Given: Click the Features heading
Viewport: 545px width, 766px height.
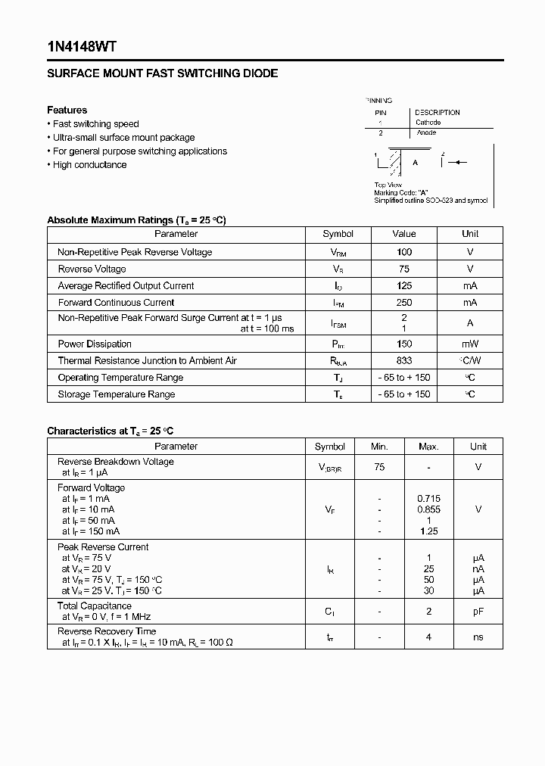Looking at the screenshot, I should [67, 110].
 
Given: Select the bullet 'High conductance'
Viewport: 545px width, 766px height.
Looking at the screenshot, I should [89, 165].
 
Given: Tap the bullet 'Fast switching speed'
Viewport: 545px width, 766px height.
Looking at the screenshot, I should [95, 124].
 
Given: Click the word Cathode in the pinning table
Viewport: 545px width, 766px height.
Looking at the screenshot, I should [428, 122].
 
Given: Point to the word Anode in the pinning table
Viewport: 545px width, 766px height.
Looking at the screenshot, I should [426, 133].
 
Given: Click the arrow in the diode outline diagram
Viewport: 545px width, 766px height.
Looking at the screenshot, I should [460, 162].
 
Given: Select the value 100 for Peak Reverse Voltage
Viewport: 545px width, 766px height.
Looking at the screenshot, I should [404, 252].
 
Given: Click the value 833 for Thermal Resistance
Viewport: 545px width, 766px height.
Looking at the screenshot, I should [404, 361].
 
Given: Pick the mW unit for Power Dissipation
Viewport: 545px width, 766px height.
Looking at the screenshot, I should [470, 344].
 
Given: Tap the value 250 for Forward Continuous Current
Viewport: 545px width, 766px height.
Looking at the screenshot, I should [404, 303].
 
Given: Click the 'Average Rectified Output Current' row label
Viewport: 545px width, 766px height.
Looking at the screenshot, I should [126, 286].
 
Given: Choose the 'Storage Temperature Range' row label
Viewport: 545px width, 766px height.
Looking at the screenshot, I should [117, 394].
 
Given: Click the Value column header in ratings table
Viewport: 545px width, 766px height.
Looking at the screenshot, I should [404, 234].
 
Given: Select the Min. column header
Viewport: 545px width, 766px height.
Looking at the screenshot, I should [379, 447].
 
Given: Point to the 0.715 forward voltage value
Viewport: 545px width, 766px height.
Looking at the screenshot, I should [428, 499].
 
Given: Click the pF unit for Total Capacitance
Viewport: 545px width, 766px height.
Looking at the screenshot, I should [478, 612].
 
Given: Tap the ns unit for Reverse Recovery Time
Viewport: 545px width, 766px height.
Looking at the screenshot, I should [478, 637].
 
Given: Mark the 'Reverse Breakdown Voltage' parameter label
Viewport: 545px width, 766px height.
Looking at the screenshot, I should [115, 462].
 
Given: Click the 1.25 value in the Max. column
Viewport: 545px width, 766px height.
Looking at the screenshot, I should [428, 531].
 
